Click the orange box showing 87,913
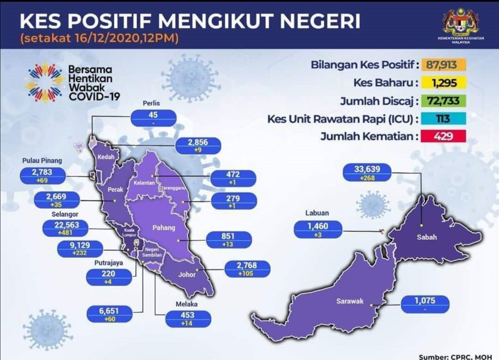444,65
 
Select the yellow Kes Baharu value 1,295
444,83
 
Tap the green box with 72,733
444,101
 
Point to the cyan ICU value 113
444,119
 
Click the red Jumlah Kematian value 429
444,136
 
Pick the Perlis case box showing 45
153,118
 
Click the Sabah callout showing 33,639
367,173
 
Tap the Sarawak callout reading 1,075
425,304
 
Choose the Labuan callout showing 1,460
318,230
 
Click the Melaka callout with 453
188,318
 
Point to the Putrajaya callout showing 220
109,277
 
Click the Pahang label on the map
164,227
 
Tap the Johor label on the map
187,274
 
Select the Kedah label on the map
106,157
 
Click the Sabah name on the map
427,237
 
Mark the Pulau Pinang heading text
42,161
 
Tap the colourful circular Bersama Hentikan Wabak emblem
45,82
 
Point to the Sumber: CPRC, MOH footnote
456,357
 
